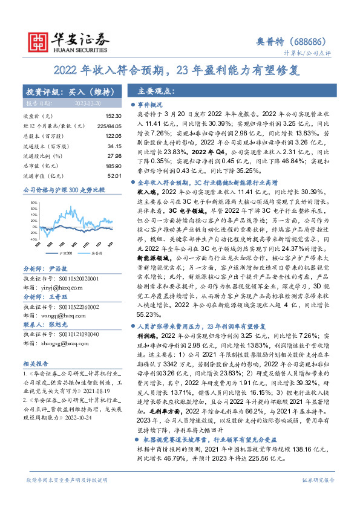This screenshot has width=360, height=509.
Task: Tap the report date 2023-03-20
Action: pyautogui.click(x=87, y=104)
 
